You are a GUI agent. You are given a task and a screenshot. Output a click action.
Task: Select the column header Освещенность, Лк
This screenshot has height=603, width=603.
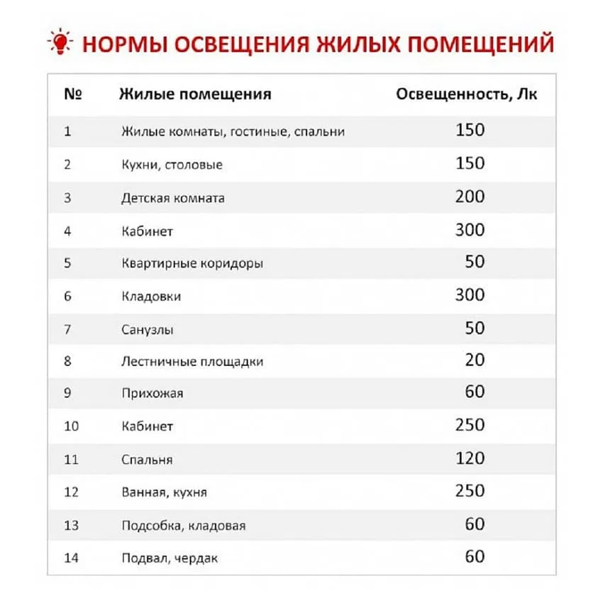466,94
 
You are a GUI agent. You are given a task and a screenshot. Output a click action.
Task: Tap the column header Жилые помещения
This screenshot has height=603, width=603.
196,94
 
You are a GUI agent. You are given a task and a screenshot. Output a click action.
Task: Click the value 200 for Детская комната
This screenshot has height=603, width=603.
470,197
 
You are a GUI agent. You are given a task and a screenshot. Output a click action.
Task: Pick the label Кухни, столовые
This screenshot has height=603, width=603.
172,165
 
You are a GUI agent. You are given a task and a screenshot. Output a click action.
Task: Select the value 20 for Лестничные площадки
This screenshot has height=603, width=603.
475,360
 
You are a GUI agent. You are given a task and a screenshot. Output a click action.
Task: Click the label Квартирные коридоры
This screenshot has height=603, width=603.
192,263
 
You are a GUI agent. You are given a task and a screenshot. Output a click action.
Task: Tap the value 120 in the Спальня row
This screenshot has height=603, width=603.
470,458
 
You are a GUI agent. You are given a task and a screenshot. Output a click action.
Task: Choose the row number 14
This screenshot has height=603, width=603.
71,558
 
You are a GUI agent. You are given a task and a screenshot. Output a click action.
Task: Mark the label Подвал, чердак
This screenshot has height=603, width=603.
170,558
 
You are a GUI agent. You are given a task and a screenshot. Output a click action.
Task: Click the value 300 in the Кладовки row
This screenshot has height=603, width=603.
470,295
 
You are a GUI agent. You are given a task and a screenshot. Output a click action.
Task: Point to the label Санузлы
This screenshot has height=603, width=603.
148,330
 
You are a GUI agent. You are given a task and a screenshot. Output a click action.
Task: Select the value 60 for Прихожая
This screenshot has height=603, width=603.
475,392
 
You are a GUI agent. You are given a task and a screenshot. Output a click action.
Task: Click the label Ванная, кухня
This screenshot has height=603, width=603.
164,492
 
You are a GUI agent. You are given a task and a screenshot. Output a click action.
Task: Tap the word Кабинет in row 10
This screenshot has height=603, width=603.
147,426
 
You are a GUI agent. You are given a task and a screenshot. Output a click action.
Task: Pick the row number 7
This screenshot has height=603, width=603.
67,329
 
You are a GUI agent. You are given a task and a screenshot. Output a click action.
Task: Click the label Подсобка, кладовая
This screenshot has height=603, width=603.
184,526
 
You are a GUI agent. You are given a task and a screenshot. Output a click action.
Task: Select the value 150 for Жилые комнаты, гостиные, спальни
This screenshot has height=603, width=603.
470,131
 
